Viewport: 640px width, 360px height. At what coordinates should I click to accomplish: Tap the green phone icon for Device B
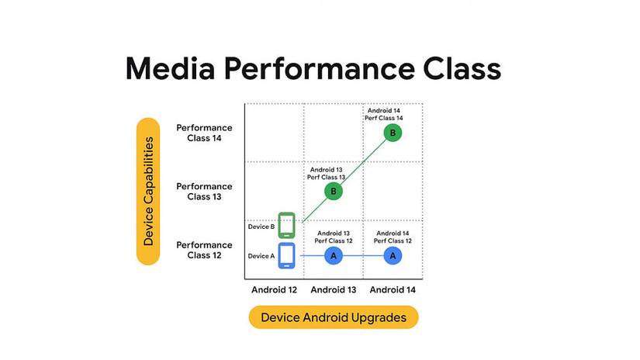click(x=287, y=226)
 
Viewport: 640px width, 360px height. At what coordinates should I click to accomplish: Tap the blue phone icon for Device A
click(x=287, y=255)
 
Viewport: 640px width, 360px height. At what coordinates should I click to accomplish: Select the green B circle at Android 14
click(x=393, y=133)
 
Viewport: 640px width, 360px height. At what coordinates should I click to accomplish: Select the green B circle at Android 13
click(x=334, y=191)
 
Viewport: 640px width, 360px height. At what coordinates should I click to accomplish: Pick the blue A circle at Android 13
click(x=334, y=255)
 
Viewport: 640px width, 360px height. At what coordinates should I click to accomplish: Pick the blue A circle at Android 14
click(x=393, y=255)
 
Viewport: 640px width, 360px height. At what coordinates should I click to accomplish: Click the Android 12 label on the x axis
click(x=274, y=290)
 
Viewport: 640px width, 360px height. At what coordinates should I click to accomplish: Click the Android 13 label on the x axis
click(x=334, y=290)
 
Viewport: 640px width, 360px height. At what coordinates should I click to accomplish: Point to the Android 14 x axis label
click(x=393, y=290)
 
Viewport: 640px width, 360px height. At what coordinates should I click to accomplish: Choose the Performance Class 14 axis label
click(x=204, y=133)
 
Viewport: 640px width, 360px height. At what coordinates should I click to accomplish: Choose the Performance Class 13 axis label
click(x=204, y=191)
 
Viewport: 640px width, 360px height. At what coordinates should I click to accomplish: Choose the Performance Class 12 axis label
click(x=204, y=249)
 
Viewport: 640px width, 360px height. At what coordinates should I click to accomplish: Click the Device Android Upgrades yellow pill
click(x=333, y=317)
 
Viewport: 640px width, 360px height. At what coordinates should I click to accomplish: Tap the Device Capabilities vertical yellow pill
click(x=147, y=191)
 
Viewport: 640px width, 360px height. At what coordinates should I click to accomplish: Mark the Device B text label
click(x=261, y=227)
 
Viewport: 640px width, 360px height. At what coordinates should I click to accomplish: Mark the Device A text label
click(x=261, y=255)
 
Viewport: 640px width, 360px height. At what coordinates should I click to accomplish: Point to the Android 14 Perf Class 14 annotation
click(x=383, y=114)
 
